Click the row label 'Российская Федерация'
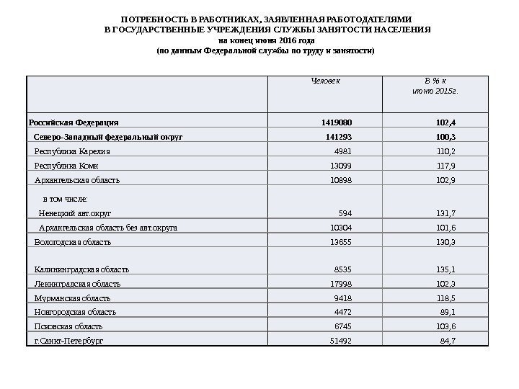point(74,122)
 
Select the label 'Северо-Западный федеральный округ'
point(109,136)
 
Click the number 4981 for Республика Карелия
point(343,151)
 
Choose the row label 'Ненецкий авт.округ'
point(75,213)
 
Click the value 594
point(345,213)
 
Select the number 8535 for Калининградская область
point(343,269)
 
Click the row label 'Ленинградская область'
point(77,284)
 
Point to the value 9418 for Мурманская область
point(343,298)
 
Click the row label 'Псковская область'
point(68,326)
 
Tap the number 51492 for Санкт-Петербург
point(341,340)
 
